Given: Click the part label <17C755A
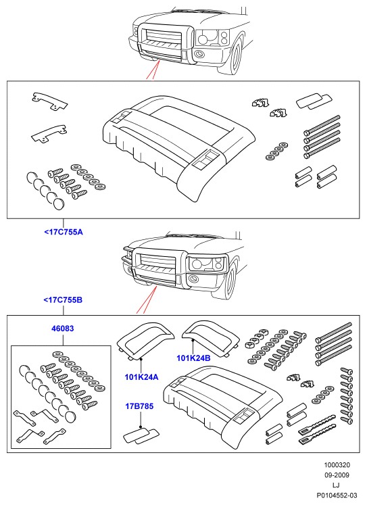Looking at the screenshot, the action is [64, 232].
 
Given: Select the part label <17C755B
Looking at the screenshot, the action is [63, 300].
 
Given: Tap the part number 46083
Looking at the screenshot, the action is [63, 329].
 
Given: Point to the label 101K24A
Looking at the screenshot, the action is [141, 377].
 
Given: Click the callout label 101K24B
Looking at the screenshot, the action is [193, 358].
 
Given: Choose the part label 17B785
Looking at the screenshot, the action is [139, 406].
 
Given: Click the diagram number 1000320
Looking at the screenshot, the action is [337, 464].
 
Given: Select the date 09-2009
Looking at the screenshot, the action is [337, 475].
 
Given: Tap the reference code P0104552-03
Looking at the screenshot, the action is [337, 495].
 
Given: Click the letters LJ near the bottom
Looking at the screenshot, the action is [336, 485].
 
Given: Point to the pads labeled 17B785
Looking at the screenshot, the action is [141, 436].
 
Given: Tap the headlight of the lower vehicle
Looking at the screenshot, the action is [206, 263].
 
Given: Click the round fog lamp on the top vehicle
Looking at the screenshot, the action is [200, 54].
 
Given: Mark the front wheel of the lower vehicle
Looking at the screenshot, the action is [230, 280].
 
